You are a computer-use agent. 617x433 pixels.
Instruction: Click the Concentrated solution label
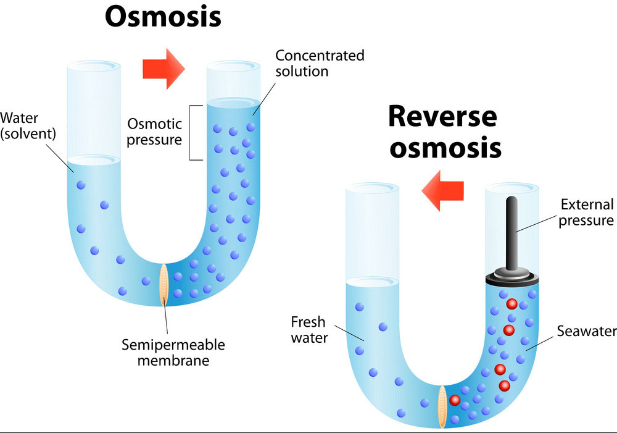click(320, 63)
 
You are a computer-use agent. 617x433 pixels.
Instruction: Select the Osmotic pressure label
click(154, 132)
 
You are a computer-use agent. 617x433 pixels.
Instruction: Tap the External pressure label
click(586, 212)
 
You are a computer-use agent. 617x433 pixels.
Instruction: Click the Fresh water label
click(308, 330)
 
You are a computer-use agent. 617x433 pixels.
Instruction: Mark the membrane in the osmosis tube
click(164, 284)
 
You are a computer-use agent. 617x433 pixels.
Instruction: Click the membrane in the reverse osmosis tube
click(442, 406)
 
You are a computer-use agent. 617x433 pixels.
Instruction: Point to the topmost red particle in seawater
click(511, 304)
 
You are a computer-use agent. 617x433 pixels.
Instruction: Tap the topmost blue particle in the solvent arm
click(81, 185)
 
